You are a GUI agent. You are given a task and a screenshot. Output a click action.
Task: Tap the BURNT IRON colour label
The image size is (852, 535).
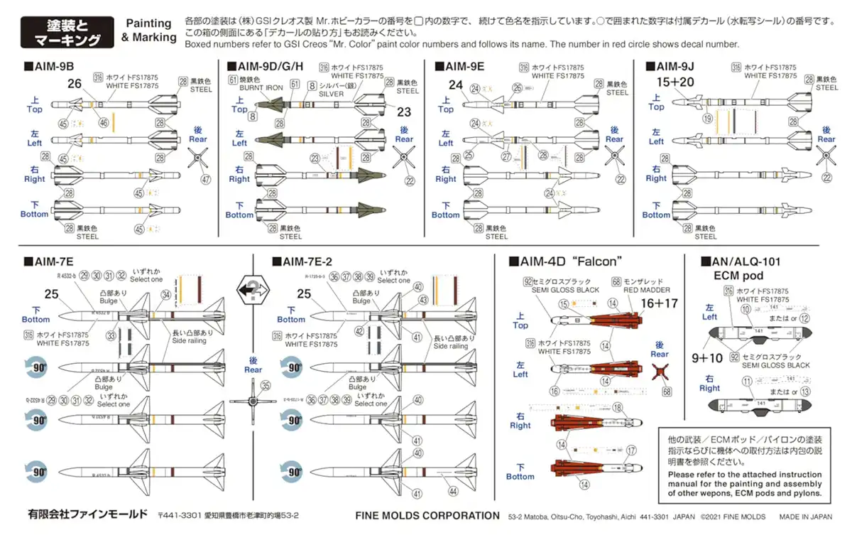coord(264,87)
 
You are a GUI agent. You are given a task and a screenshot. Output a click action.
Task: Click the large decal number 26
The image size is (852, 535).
coord(75,84)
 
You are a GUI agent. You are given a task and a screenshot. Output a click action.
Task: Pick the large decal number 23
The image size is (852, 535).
coord(404,112)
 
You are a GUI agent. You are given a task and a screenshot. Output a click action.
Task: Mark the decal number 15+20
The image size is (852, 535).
coord(675,82)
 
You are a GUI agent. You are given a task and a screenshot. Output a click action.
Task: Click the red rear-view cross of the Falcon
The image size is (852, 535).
coord(661,373)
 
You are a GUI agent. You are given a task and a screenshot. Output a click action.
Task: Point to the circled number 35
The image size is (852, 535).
coord(266,387)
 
